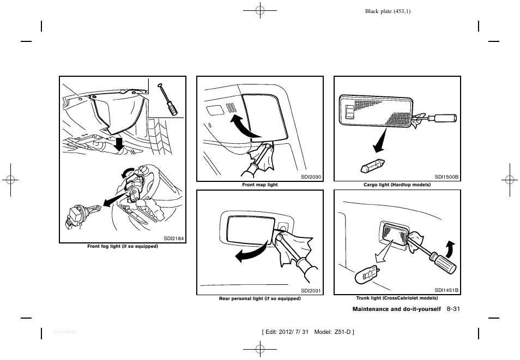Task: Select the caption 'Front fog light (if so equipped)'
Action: tap(123, 246)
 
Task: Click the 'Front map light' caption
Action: tap(259, 185)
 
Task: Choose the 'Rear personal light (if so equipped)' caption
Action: tap(259, 298)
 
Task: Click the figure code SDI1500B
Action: tap(446, 176)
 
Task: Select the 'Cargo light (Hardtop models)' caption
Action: tap(397, 185)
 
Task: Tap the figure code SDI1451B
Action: tap(446, 290)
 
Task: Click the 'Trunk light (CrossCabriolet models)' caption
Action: tap(397, 298)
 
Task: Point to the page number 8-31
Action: tap(454, 309)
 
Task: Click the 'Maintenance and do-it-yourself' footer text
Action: tap(396, 309)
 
